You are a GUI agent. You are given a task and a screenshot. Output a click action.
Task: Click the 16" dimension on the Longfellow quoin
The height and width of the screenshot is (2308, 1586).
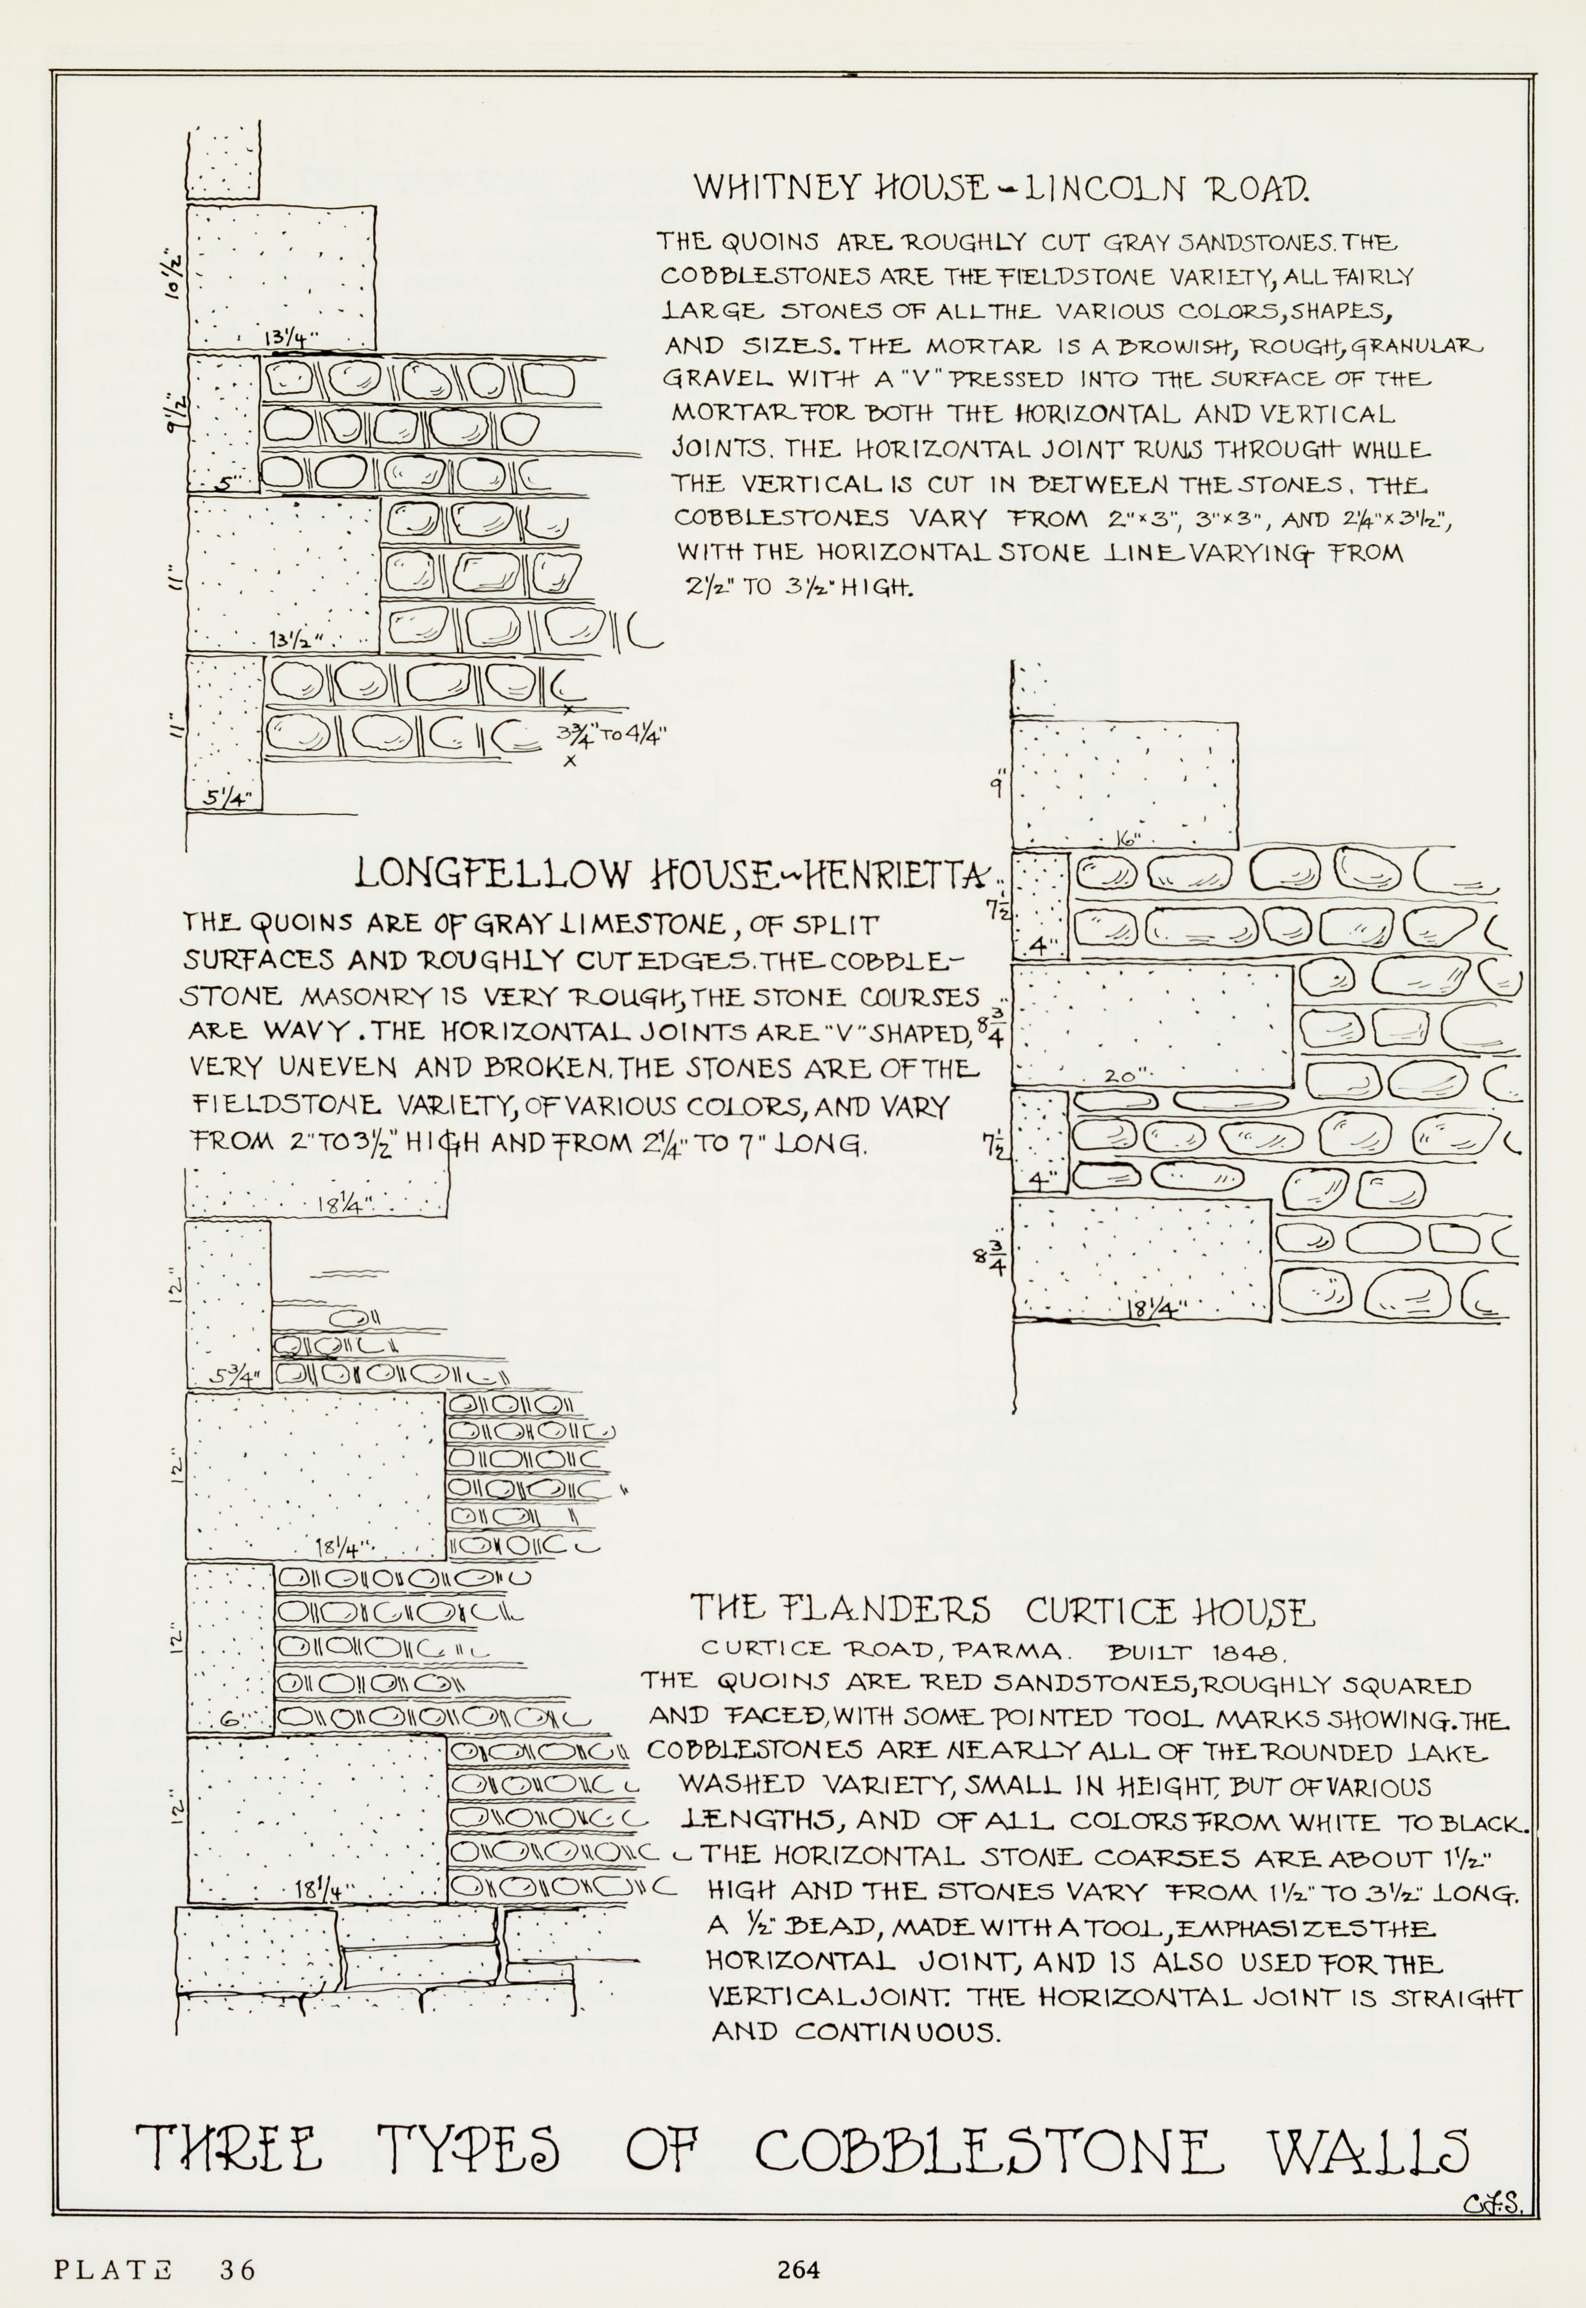coord(1127,838)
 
